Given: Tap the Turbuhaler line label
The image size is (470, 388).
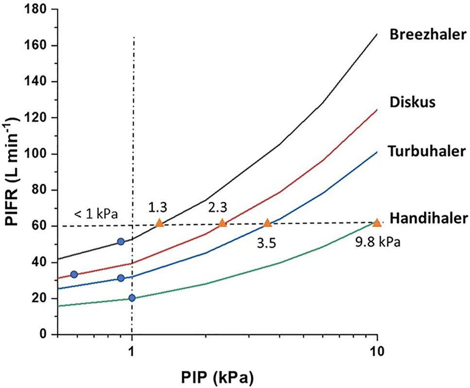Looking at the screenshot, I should click(426, 151).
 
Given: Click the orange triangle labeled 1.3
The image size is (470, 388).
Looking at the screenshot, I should click(159, 223).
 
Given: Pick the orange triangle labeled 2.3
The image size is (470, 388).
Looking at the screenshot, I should click(222, 223).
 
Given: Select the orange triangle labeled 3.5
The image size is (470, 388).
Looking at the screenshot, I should click(267, 223).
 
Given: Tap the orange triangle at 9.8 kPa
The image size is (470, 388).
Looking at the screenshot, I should click(377, 223).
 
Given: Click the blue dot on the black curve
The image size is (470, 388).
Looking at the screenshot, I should click(121, 242).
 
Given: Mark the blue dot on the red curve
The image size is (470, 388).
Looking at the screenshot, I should click(74, 275).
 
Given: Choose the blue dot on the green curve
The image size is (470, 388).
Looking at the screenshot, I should click(132, 298).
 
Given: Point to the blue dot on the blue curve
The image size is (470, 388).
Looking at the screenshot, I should click(121, 278).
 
